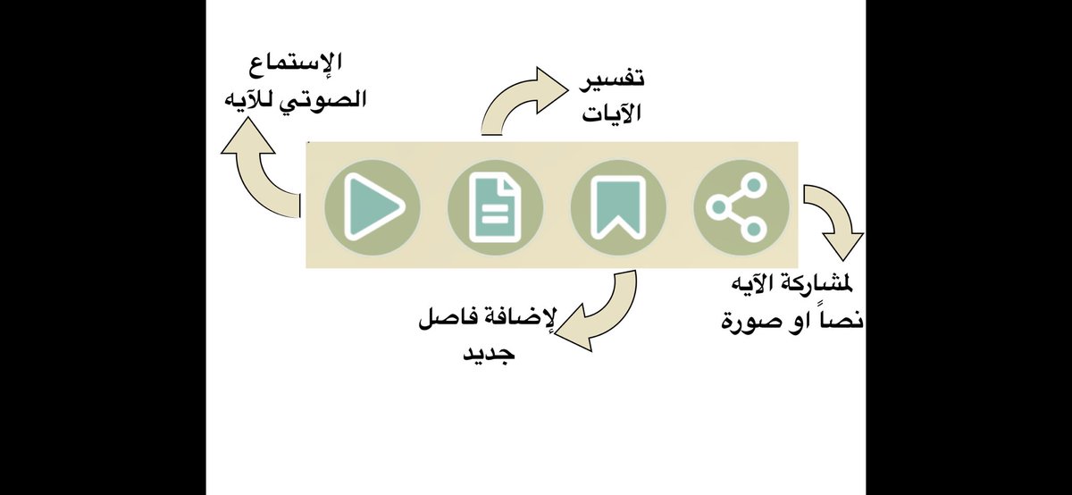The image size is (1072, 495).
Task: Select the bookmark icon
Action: [x=618, y=206]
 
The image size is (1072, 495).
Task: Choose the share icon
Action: [x=741, y=206]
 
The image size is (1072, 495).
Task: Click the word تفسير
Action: [x=614, y=79]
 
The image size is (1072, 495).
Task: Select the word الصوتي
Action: [x=325, y=99]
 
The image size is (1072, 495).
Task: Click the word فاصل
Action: [x=452, y=318]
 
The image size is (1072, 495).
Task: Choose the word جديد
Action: [x=488, y=353]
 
